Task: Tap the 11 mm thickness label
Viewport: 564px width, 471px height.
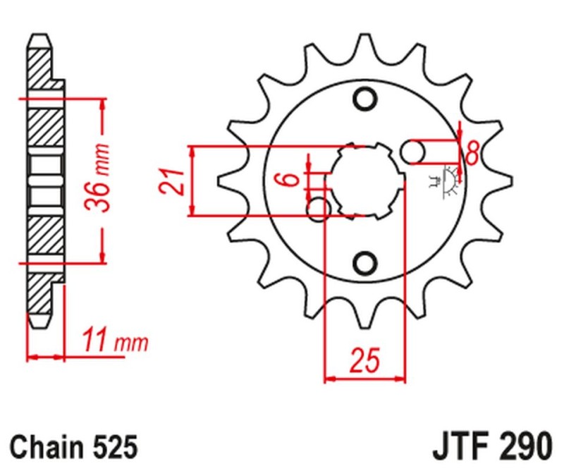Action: point(114,342)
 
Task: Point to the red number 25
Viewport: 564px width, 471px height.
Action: point(365,361)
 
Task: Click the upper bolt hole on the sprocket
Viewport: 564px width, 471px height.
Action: point(364,99)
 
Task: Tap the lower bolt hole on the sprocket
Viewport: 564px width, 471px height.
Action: point(364,263)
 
